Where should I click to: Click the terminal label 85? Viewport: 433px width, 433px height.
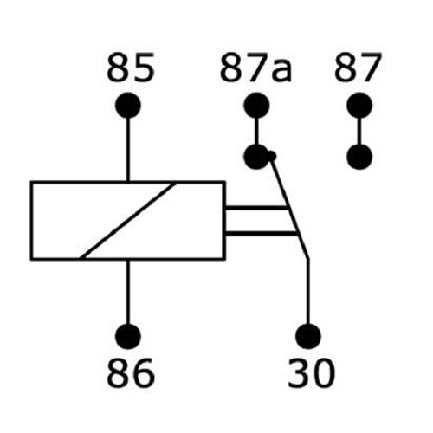click(x=130, y=68)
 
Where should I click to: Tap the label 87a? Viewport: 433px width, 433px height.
click(x=255, y=68)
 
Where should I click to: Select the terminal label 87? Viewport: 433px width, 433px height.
click(x=358, y=68)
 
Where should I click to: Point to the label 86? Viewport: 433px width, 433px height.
click(x=130, y=372)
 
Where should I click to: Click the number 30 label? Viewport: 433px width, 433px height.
click(x=312, y=372)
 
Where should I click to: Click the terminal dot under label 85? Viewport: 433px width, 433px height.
click(x=128, y=105)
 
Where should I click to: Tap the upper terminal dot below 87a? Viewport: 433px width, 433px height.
click(x=256, y=105)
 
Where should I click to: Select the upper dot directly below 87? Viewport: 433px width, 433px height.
click(x=359, y=105)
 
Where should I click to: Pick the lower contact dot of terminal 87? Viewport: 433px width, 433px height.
click(x=359, y=157)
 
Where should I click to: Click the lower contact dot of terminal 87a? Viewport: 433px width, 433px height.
click(x=256, y=157)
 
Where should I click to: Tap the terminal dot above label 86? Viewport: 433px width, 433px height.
click(x=128, y=336)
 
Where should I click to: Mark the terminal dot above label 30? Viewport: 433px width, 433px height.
click(x=308, y=336)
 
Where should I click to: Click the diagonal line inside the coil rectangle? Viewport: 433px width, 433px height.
click(x=128, y=221)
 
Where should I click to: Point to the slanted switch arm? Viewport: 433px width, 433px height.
click(x=289, y=208)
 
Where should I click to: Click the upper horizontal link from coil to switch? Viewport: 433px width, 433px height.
click(x=255, y=208)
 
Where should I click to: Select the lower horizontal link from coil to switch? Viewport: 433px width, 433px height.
click(x=261, y=232)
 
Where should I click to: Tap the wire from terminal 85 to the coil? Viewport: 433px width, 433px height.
click(x=128, y=150)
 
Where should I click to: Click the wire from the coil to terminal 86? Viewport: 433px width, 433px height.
click(x=128, y=292)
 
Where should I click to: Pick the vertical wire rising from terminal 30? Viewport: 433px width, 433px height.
click(x=308, y=292)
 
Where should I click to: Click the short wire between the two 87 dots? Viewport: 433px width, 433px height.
click(x=359, y=131)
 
